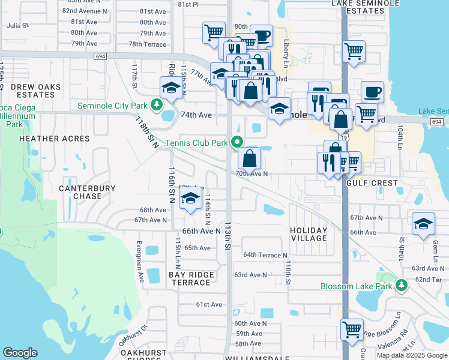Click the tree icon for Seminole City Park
click(x=157, y=106)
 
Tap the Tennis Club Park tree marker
click(x=237, y=143)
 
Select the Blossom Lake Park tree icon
click(x=401, y=286)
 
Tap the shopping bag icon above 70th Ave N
click(x=249, y=158)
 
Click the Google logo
click(x=20, y=353)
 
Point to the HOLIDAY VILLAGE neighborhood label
click(x=309, y=234)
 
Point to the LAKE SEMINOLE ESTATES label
click(x=365, y=7)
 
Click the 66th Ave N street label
click(x=202, y=231)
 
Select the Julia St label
click(x=17, y=26)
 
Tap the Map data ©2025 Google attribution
click(x=412, y=355)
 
